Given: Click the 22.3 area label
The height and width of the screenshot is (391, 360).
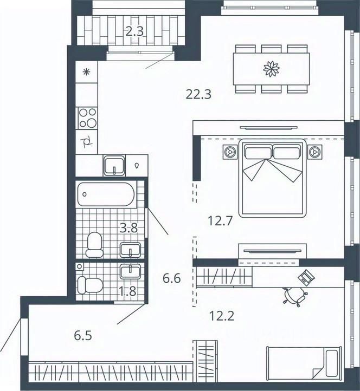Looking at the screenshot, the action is coord(199,95).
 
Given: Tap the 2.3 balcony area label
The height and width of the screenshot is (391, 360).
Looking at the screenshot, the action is coord(134,31).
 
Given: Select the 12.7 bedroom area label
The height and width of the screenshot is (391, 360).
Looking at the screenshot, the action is coord(220,221).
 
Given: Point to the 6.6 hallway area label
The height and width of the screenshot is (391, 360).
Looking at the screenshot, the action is coord(171,278).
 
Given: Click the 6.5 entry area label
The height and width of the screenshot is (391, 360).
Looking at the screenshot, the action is coord(83,335).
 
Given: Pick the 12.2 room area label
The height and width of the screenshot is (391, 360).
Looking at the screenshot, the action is coord(222,316).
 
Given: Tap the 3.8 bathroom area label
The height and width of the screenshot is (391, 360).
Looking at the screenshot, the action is coord(129,228).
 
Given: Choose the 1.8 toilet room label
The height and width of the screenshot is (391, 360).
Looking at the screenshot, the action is coord(127,291).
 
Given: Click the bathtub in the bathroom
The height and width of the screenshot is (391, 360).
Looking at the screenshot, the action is coord(106,194).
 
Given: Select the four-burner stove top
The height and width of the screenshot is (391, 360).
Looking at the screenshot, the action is coord(87,118).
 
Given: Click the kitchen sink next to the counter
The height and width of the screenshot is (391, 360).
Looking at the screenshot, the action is coord(114,165).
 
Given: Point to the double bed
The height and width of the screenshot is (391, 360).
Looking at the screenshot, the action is coord(273,178).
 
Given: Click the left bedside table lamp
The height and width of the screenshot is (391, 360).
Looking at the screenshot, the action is coord(229,151).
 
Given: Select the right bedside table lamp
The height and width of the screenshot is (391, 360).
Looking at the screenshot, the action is coord(315,151).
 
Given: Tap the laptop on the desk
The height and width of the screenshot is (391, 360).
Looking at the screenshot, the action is coord(306,277).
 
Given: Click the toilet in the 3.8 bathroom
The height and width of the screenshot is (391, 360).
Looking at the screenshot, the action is coord(95,245).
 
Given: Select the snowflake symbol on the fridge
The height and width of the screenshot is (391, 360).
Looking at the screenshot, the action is coord(86,73).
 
